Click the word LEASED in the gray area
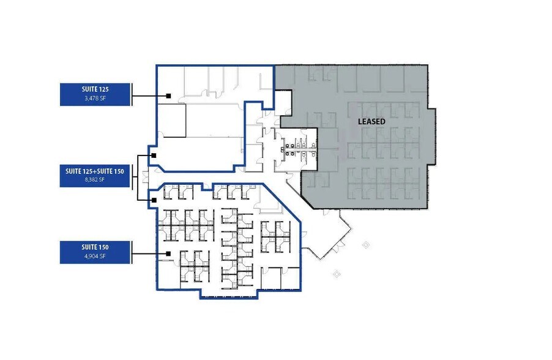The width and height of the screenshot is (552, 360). click(x=371, y=122)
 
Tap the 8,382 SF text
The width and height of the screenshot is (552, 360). click(x=94, y=179)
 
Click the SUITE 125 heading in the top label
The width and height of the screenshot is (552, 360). click(x=94, y=89)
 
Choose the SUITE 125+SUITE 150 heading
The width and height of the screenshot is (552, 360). click(x=94, y=171)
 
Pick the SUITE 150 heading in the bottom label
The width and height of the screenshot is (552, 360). click(x=94, y=247)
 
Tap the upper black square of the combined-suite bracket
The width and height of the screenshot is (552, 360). click(x=154, y=156)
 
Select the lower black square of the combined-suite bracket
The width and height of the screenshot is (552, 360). click(x=154, y=200)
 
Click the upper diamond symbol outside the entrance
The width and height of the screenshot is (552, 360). click(x=366, y=246)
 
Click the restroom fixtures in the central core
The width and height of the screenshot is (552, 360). click(x=296, y=147)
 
